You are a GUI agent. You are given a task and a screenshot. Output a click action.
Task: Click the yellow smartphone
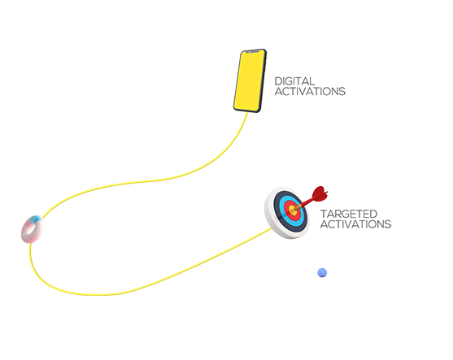pos(250,80)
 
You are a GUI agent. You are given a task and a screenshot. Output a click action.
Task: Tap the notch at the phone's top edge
pos(252,52)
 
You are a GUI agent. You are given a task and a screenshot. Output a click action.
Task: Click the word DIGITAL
pos(294,81)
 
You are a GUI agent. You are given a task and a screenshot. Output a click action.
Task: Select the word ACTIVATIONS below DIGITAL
pos(310,91)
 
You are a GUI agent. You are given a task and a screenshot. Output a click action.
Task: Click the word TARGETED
pos(349,214)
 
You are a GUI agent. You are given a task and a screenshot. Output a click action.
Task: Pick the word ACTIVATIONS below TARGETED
pos(355,224)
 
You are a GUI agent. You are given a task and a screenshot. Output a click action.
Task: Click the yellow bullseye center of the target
pos(293,210)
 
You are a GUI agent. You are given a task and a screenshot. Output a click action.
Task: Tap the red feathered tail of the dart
pos(320,194)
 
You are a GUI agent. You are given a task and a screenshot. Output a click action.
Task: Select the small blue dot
pos(322,272)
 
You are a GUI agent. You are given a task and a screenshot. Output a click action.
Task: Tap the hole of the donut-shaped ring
pos(34,229)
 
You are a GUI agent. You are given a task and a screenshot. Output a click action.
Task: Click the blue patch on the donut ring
pos(37,219)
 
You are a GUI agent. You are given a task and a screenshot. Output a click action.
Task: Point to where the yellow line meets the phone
pos(247,112)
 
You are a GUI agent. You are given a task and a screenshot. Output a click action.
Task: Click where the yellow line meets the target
pos(272,228)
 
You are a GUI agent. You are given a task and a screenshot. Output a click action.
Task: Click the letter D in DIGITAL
pos(278,81)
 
